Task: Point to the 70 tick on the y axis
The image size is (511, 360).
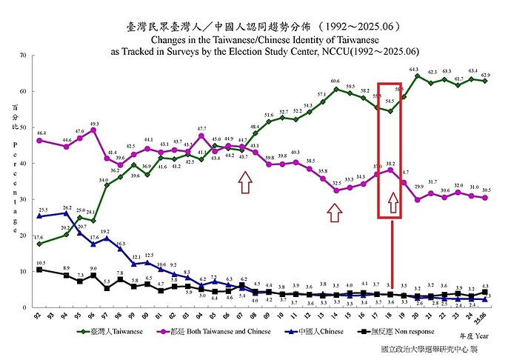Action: (24, 56)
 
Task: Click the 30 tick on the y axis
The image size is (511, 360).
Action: (24, 199)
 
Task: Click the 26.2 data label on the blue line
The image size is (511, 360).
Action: (67, 208)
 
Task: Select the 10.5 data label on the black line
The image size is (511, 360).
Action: (41, 263)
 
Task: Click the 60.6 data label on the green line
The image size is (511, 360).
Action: (335, 81)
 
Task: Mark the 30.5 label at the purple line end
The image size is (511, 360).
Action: (485, 190)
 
